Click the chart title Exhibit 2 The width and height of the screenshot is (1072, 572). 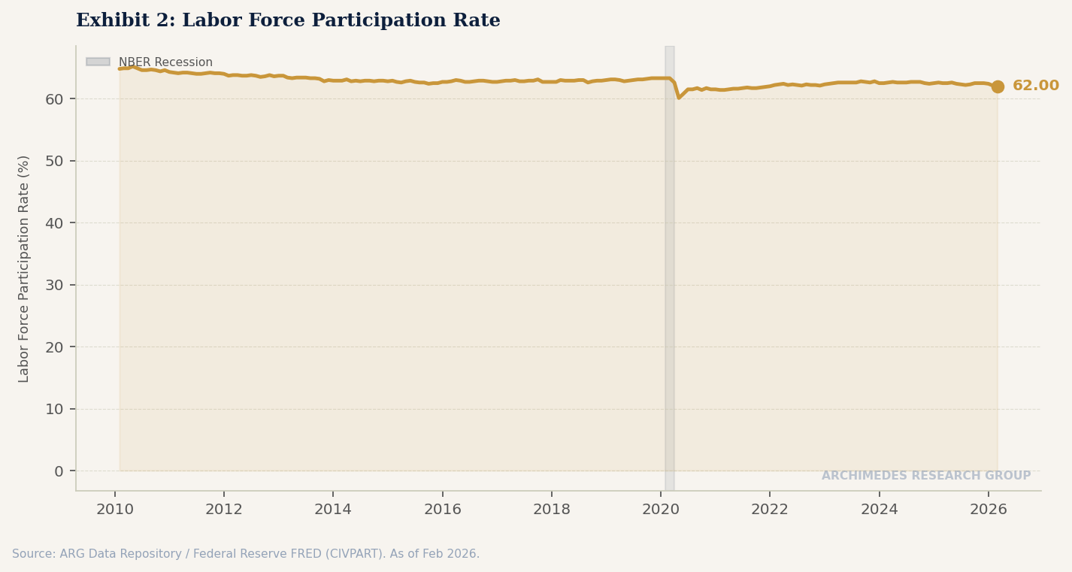pos(288,21)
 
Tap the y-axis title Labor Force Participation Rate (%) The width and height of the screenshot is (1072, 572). pos(24,268)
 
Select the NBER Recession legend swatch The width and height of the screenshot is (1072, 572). pos(98,62)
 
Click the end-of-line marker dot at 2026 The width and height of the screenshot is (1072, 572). pos(997,86)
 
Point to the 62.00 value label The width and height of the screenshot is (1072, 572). pos(1035,86)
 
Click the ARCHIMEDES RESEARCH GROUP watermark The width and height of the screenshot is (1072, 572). pos(925,476)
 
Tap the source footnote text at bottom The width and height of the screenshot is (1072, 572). pos(245,554)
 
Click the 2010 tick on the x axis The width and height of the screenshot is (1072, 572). pos(115,510)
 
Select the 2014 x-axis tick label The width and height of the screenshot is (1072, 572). pos(333,510)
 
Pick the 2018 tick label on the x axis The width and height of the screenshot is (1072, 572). pos(551,510)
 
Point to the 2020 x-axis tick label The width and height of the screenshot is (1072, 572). pos(661,510)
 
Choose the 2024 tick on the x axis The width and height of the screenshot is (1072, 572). pos(879,510)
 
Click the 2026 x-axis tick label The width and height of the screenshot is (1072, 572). pos(988,510)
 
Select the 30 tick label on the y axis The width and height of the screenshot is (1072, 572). pos(56,285)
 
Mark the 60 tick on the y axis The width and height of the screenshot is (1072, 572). pos(56,99)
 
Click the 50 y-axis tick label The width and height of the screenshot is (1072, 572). pos(56,161)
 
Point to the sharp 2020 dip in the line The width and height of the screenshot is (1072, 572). pos(679,97)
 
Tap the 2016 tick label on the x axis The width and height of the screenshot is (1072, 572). pos(442,510)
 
